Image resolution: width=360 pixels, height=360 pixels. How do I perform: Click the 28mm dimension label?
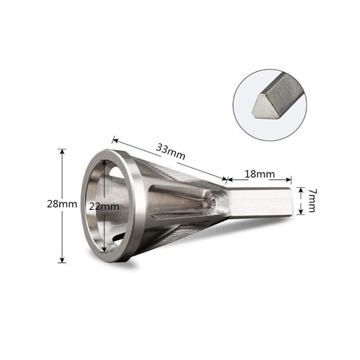58,204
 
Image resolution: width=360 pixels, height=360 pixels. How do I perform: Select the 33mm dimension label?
171,150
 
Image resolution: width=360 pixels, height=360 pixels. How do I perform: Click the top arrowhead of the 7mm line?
301,188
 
